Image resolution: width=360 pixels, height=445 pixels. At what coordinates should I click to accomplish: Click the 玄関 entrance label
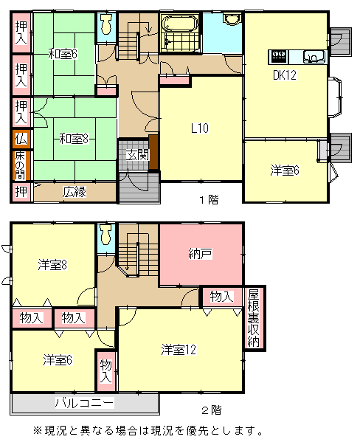(137, 155)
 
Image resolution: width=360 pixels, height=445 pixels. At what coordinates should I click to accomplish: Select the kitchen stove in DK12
(279, 57)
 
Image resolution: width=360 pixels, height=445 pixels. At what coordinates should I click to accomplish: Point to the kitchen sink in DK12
(314, 57)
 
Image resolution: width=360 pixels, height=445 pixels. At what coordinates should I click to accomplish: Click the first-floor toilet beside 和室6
(106, 24)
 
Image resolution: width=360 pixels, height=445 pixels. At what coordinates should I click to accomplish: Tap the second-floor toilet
(105, 234)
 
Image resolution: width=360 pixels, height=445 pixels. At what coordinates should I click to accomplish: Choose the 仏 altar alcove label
(21, 139)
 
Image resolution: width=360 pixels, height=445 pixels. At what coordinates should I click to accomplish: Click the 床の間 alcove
(21, 165)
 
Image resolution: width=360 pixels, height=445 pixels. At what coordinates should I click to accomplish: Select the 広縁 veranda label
(75, 192)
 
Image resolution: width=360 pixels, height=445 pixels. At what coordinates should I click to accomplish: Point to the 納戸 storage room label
(201, 254)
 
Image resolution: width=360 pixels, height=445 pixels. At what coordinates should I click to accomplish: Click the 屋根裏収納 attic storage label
(253, 318)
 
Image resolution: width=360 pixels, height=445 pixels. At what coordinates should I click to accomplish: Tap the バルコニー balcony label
(85, 403)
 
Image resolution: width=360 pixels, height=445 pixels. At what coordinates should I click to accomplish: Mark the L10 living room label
(200, 128)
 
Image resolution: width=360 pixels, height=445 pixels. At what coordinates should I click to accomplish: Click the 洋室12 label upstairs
(179, 349)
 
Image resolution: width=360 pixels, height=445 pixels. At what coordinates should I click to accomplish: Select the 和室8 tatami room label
(74, 139)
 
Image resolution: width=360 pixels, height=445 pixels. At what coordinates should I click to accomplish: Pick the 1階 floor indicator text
(209, 200)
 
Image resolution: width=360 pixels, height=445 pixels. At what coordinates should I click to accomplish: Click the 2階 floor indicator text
(211, 410)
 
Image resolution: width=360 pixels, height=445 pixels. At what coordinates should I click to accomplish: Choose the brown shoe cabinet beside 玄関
(153, 152)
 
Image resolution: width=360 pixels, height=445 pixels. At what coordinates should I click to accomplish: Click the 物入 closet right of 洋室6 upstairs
(105, 371)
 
